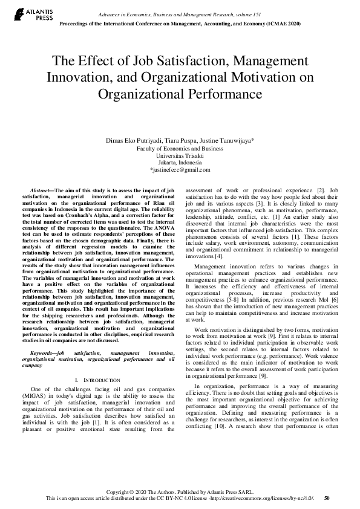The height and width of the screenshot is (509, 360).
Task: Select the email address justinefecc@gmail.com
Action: (x=180, y=170)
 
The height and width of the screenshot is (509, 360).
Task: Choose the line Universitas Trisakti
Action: (x=180, y=155)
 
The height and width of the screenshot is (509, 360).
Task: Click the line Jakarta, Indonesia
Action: (x=180, y=163)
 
